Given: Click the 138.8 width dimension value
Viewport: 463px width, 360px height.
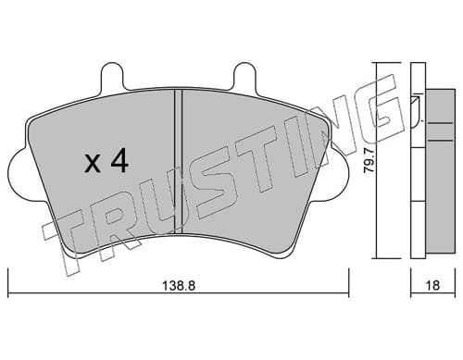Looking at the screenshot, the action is (179, 286).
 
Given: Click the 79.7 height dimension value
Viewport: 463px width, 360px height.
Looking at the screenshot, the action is (369, 165).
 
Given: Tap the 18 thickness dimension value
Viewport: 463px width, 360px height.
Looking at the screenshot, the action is (433, 286).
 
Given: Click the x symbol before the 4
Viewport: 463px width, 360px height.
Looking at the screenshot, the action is (93, 165).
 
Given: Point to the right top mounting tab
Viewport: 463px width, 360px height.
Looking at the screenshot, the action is (245, 77).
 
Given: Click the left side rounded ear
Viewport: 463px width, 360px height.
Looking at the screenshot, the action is (18, 174).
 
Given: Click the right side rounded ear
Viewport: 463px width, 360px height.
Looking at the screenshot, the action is (339, 174).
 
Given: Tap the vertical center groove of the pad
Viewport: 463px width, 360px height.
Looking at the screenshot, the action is (179, 161).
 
